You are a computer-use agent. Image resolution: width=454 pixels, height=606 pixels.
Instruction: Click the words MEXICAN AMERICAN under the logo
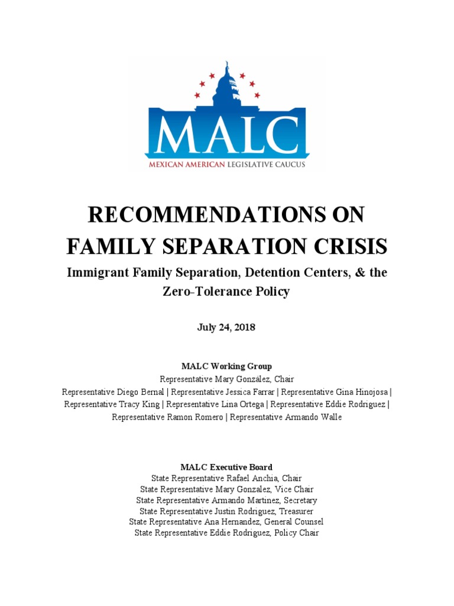185,165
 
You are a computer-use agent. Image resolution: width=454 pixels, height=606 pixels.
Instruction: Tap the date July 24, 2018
226,327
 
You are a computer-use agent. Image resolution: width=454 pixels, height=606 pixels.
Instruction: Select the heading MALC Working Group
226,366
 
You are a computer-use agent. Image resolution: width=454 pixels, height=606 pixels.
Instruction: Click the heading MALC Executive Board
226,467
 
